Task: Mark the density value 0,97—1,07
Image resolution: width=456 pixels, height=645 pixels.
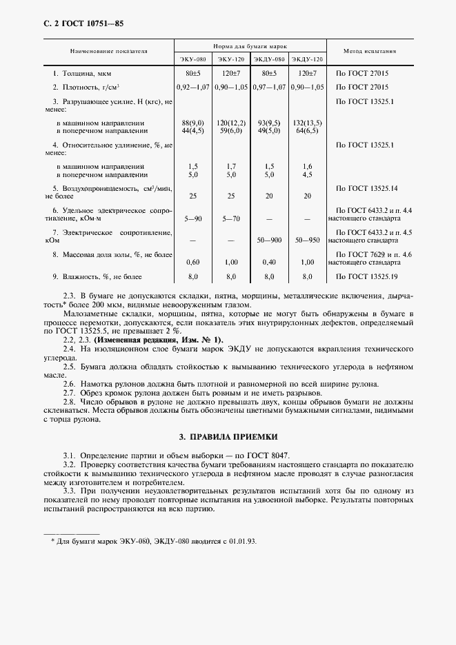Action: (269, 87)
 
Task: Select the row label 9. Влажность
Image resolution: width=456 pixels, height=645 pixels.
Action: (97, 276)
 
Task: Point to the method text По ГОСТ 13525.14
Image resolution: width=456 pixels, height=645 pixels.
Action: (366, 188)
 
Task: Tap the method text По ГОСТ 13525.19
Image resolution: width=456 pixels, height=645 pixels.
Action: (366, 276)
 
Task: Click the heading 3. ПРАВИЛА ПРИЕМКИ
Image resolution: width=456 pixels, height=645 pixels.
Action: (228, 437)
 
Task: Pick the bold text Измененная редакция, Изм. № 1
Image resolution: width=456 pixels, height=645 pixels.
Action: (159, 340)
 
